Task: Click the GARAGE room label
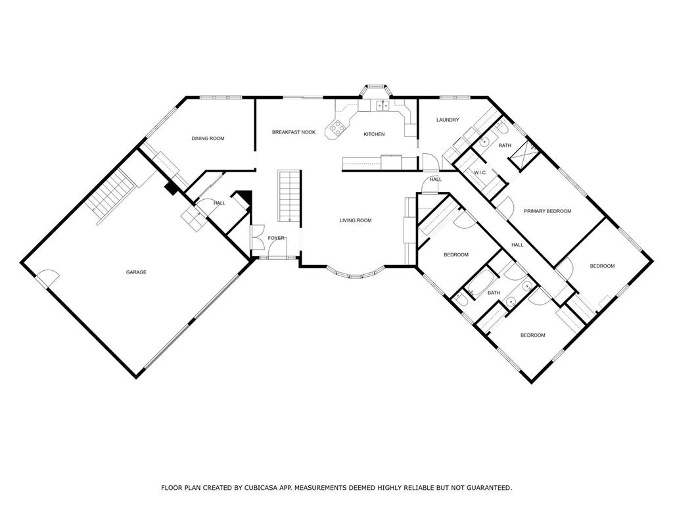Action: (x=136, y=272)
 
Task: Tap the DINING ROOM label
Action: (x=208, y=138)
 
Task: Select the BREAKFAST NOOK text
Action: (x=294, y=132)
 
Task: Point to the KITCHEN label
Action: (x=375, y=134)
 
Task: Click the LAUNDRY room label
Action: (x=448, y=120)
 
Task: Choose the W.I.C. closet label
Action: (x=480, y=173)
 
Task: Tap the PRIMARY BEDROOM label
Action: (x=547, y=211)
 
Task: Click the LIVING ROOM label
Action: (x=356, y=220)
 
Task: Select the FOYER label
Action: (x=276, y=238)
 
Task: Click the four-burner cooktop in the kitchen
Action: (x=338, y=128)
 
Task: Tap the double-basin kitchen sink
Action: (x=382, y=105)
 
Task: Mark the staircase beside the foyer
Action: (x=289, y=195)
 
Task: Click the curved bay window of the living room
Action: (x=355, y=274)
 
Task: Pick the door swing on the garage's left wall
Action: (x=47, y=278)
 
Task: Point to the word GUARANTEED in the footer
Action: (x=488, y=488)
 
